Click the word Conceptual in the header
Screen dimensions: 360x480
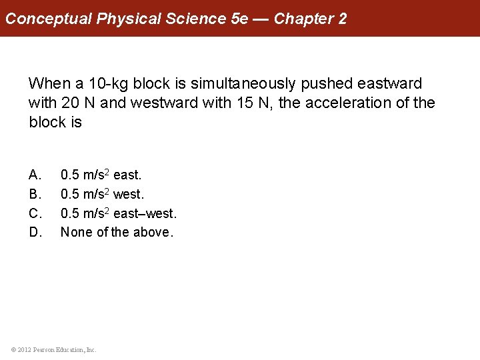[x=49, y=19]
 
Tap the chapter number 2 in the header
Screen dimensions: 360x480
[x=342, y=19]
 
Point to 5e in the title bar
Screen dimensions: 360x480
[x=239, y=19]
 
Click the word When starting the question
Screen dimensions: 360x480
[x=48, y=84]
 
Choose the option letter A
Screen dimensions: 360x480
[x=35, y=175]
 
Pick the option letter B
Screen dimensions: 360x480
[x=35, y=195]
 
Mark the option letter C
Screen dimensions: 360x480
[x=35, y=213]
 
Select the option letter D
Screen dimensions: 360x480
[x=35, y=233]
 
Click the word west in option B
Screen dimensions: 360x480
[x=129, y=195]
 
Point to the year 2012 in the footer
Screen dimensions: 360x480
[x=24, y=349]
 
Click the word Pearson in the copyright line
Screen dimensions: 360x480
[x=44, y=349]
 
